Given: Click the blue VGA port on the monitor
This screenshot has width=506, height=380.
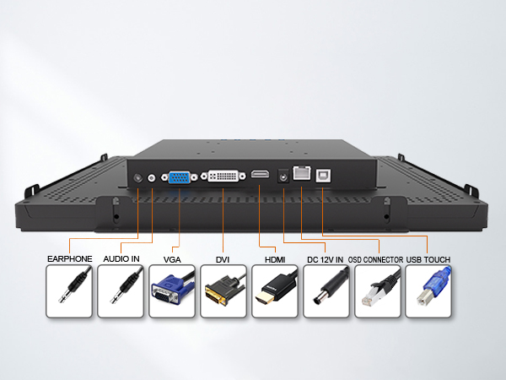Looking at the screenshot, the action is (179, 177).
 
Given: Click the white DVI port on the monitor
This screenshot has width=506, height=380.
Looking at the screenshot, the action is (223, 176).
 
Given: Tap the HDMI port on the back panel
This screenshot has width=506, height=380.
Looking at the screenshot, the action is (260, 174).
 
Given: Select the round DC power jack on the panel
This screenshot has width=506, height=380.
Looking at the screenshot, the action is (283, 176).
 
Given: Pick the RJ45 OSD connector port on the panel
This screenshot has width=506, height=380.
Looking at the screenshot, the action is (302, 173).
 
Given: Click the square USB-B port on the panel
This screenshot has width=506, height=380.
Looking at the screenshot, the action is (323, 176).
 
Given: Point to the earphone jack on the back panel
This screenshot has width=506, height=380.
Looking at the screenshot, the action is (138, 177).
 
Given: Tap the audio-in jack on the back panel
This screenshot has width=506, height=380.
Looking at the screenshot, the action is (151, 177).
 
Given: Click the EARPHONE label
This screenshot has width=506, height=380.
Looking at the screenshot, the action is (70, 259).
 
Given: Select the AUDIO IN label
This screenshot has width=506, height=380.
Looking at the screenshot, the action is (121, 259).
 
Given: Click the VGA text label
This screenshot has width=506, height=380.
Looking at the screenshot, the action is (172, 260).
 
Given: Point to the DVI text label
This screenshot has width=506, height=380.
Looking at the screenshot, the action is (223, 260).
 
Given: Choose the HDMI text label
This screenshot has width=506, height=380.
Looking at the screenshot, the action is (275, 260).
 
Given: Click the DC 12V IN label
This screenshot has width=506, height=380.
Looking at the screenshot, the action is (326, 260).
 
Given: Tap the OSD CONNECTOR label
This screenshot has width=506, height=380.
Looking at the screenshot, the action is (375, 260).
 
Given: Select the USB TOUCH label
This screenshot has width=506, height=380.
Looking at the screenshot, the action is (428, 260).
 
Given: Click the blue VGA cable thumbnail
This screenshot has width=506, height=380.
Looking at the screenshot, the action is (172, 291).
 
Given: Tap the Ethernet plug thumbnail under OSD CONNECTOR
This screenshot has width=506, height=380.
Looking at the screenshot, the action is (378, 291).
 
